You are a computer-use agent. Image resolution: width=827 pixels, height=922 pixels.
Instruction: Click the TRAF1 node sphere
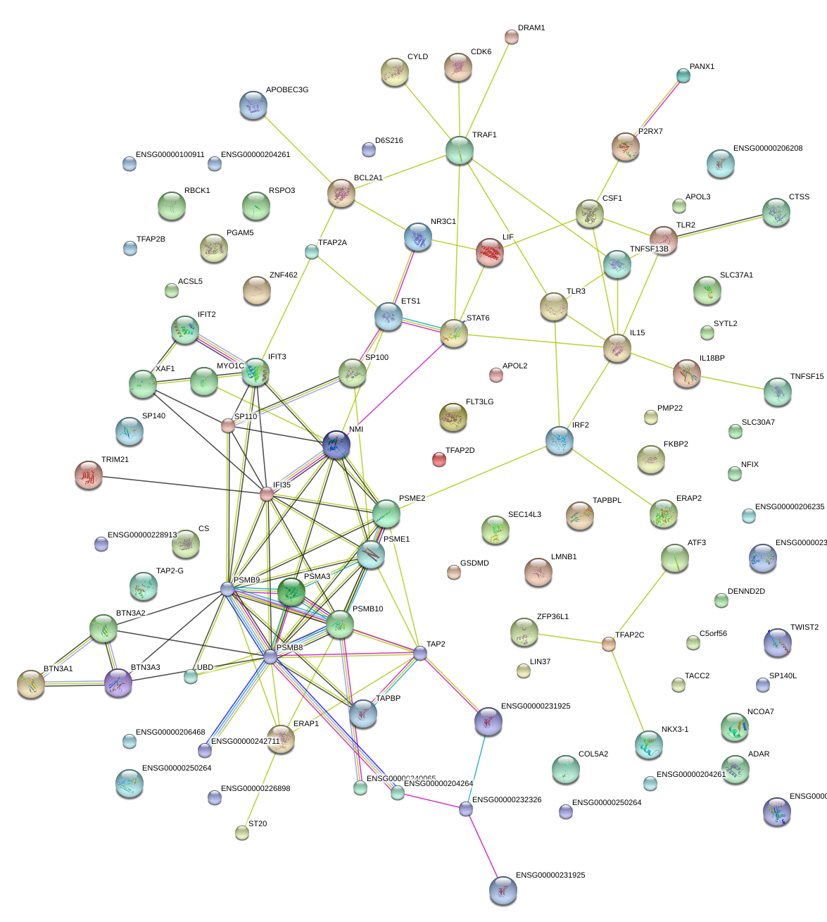point(460,150)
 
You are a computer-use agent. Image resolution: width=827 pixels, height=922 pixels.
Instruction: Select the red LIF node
point(490,252)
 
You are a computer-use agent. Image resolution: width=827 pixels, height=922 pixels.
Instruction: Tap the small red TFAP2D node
point(438,460)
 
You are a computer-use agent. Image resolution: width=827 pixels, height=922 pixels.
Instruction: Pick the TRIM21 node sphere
point(89,475)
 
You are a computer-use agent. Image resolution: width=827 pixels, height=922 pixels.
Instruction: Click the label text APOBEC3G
point(287,90)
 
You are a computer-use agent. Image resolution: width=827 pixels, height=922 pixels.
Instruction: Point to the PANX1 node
point(683,75)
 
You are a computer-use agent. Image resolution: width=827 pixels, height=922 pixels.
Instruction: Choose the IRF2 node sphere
point(560,440)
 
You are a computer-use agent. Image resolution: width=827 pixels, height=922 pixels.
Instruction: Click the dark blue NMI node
point(336,444)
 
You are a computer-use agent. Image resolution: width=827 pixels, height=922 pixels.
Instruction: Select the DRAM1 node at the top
point(512,37)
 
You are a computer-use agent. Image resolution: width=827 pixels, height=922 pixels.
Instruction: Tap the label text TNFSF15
point(807,377)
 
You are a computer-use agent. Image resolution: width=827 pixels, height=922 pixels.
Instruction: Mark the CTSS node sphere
point(776,212)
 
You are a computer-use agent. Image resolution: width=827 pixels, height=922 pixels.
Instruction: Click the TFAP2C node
point(609,644)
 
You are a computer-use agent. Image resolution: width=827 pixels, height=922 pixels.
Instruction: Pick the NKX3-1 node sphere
point(648,745)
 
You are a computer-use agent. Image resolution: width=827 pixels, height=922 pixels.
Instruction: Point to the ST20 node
point(242,833)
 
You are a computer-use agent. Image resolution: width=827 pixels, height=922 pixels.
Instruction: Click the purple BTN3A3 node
point(118,683)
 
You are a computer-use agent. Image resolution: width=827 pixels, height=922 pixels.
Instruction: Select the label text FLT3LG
point(479,402)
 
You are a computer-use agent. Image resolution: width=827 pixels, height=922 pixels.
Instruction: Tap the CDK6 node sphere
point(458,68)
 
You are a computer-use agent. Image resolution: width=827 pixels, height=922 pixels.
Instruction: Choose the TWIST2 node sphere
point(777,642)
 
